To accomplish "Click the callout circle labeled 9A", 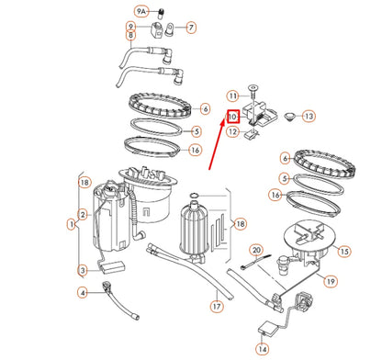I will [x=140, y=11].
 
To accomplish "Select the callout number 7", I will [x=190, y=28].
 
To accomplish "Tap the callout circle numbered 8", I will [x=131, y=36].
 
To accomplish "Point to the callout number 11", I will [x=233, y=96].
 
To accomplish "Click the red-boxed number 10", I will [x=233, y=117].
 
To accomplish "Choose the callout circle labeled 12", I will [x=233, y=132].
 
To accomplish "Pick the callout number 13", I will [x=309, y=117].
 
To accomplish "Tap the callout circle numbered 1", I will [x=71, y=223].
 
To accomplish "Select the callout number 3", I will [x=83, y=270].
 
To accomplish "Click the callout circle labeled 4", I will [x=83, y=293].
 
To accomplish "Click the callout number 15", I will [x=344, y=251].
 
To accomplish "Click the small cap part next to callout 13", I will [x=288, y=116].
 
